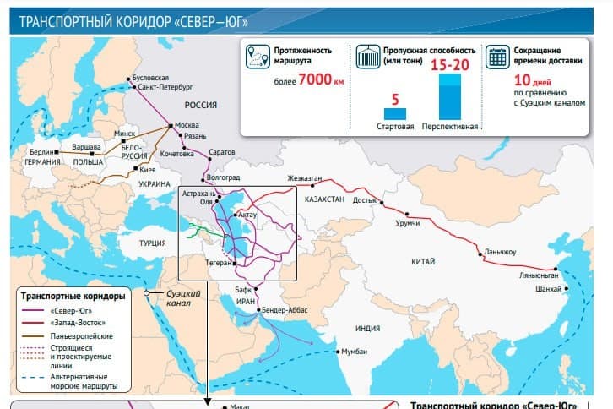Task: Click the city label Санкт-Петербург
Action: (165, 87)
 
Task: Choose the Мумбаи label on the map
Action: (355, 351)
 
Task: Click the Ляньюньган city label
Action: (538, 276)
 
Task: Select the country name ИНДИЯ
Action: (368, 328)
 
